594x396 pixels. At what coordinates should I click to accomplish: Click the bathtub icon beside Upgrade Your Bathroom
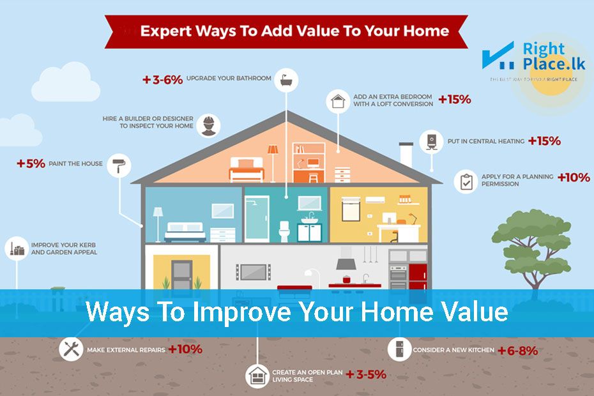tap(286, 80)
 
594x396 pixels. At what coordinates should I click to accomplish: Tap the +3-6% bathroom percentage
tap(163, 80)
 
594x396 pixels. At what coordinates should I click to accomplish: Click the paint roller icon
tap(119, 165)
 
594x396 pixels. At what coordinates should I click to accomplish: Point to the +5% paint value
tap(31, 164)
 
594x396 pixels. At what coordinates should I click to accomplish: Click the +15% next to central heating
tap(544, 141)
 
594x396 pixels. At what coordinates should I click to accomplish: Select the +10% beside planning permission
tap(574, 178)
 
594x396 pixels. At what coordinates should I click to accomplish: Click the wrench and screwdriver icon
tap(71, 349)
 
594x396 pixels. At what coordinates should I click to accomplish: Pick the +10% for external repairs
tap(185, 349)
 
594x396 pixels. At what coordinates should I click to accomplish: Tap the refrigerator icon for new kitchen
tap(398, 349)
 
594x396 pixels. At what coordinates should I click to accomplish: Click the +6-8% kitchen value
tap(518, 350)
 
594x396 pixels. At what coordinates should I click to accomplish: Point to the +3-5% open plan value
tap(366, 374)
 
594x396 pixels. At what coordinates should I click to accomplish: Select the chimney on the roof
tap(406, 155)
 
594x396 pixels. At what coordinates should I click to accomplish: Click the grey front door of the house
tap(181, 276)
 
